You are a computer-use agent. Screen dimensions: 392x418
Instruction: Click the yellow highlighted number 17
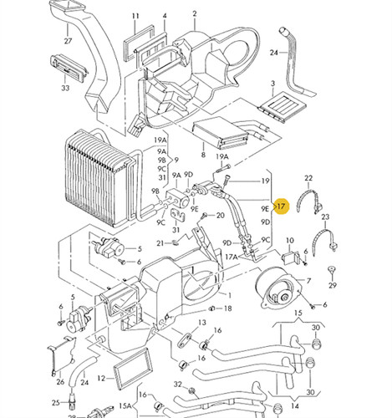pyautogui.click(x=282, y=206)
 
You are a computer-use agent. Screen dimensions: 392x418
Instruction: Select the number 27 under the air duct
pyautogui.click(x=68, y=41)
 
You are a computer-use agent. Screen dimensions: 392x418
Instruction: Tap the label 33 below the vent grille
pyautogui.click(x=65, y=88)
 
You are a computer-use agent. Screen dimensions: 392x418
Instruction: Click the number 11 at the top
pyautogui.click(x=135, y=16)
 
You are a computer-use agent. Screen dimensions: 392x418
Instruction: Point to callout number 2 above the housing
pyautogui.click(x=195, y=13)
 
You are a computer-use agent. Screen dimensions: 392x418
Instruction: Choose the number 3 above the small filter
pyautogui.click(x=272, y=84)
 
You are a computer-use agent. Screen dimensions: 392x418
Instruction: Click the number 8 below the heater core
pyautogui.click(x=203, y=154)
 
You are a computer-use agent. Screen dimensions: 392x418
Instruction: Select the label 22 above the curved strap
pyautogui.click(x=308, y=178)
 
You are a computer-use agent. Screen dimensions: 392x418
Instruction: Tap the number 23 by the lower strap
pyautogui.click(x=325, y=217)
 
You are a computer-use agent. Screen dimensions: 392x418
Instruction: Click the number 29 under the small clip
pyautogui.click(x=333, y=285)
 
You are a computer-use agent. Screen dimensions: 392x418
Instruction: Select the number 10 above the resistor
pyautogui.click(x=290, y=240)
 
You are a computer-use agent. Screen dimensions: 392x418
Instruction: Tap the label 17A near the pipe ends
pyautogui.click(x=232, y=257)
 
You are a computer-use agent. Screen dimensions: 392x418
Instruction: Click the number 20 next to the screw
pyautogui.click(x=220, y=215)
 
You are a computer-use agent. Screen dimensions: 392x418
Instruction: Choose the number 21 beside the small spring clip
pyautogui.click(x=160, y=243)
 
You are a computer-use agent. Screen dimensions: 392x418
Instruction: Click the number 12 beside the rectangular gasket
pyautogui.click(x=101, y=378)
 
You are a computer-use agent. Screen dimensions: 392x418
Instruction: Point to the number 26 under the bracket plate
pyautogui.click(x=60, y=381)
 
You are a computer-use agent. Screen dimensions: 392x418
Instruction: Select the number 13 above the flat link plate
pyautogui.click(x=202, y=323)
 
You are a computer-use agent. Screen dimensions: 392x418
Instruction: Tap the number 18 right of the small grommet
pyautogui.click(x=227, y=308)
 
